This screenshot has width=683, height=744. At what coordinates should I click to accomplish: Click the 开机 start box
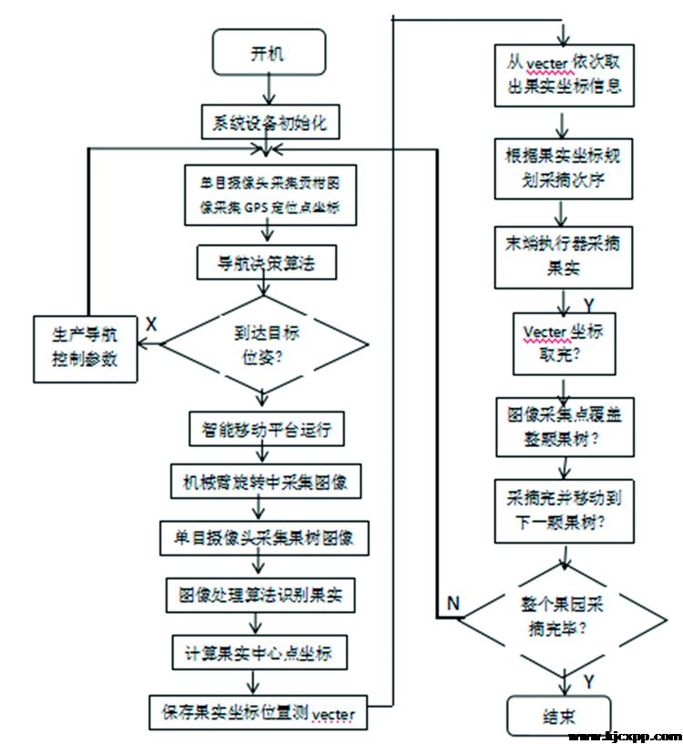click(267, 52)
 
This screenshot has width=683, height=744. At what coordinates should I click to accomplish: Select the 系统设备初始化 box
click(269, 120)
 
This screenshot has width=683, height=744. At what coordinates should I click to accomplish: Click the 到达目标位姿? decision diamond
click(264, 343)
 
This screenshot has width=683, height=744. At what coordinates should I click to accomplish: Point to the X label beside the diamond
click(151, 324)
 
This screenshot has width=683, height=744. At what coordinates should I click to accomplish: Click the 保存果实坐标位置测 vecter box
click(263, 711)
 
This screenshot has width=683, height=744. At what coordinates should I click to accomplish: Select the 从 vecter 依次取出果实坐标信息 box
click(565, 76)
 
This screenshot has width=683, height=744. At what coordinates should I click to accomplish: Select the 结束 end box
click(559, 714)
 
